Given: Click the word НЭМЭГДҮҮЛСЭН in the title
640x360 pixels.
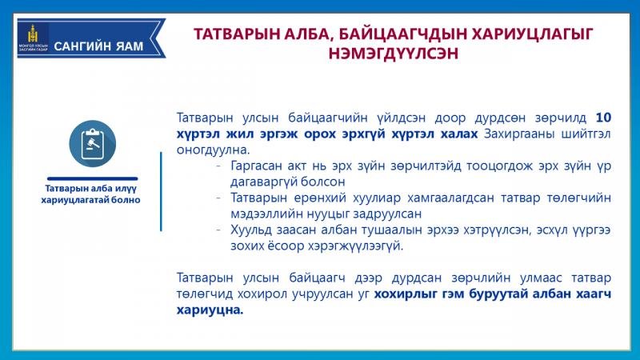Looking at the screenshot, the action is pyautogui.click(x=394, y=54).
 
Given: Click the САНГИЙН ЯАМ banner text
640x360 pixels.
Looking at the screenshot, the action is pyautogui.click(x=98, y=46).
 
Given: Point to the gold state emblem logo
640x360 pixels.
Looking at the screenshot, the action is pyautogui.click(x=33, y=33).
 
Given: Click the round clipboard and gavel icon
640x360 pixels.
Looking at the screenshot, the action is pyautogui.click(x=93, y=144).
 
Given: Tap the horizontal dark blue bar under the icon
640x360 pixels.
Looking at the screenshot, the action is pyautogui.click(x=93, y=178).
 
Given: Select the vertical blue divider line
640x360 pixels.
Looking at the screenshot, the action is pyautogui.click(x=162, y=191).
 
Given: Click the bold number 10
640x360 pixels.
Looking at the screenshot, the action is pyautogui.click(x=603, y=118).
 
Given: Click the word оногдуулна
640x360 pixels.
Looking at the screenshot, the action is pyautogui.click(x=213, y=150).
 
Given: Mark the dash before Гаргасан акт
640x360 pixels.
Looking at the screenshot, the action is pyautogui.click(x=219, y=166).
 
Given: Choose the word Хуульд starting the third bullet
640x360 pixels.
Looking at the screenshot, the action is pyautogui.click(x=253, y=230).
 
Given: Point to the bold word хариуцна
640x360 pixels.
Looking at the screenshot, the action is pyautogui.click(x=210, y=310).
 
